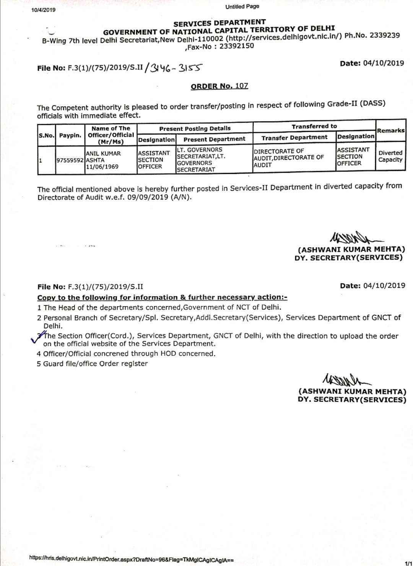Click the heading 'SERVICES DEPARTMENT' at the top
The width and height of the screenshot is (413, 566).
pos(220,23)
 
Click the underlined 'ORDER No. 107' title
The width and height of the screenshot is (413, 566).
pos(219,86)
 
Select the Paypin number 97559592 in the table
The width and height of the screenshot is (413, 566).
pos(70,161)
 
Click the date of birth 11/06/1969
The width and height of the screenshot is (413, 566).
pos(102,167)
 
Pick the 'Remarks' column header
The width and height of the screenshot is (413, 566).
pos(390,130)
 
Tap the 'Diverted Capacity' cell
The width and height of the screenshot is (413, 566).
pos(390,156)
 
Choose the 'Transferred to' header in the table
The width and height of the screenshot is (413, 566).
pos(314,126)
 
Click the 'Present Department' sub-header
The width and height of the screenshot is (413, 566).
pos(214,139)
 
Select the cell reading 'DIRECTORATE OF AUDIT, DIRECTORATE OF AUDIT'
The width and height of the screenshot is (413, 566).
pos(289,158)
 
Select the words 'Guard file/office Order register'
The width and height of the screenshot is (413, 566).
pos(95,363)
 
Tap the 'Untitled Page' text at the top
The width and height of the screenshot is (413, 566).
pos(242,6)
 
